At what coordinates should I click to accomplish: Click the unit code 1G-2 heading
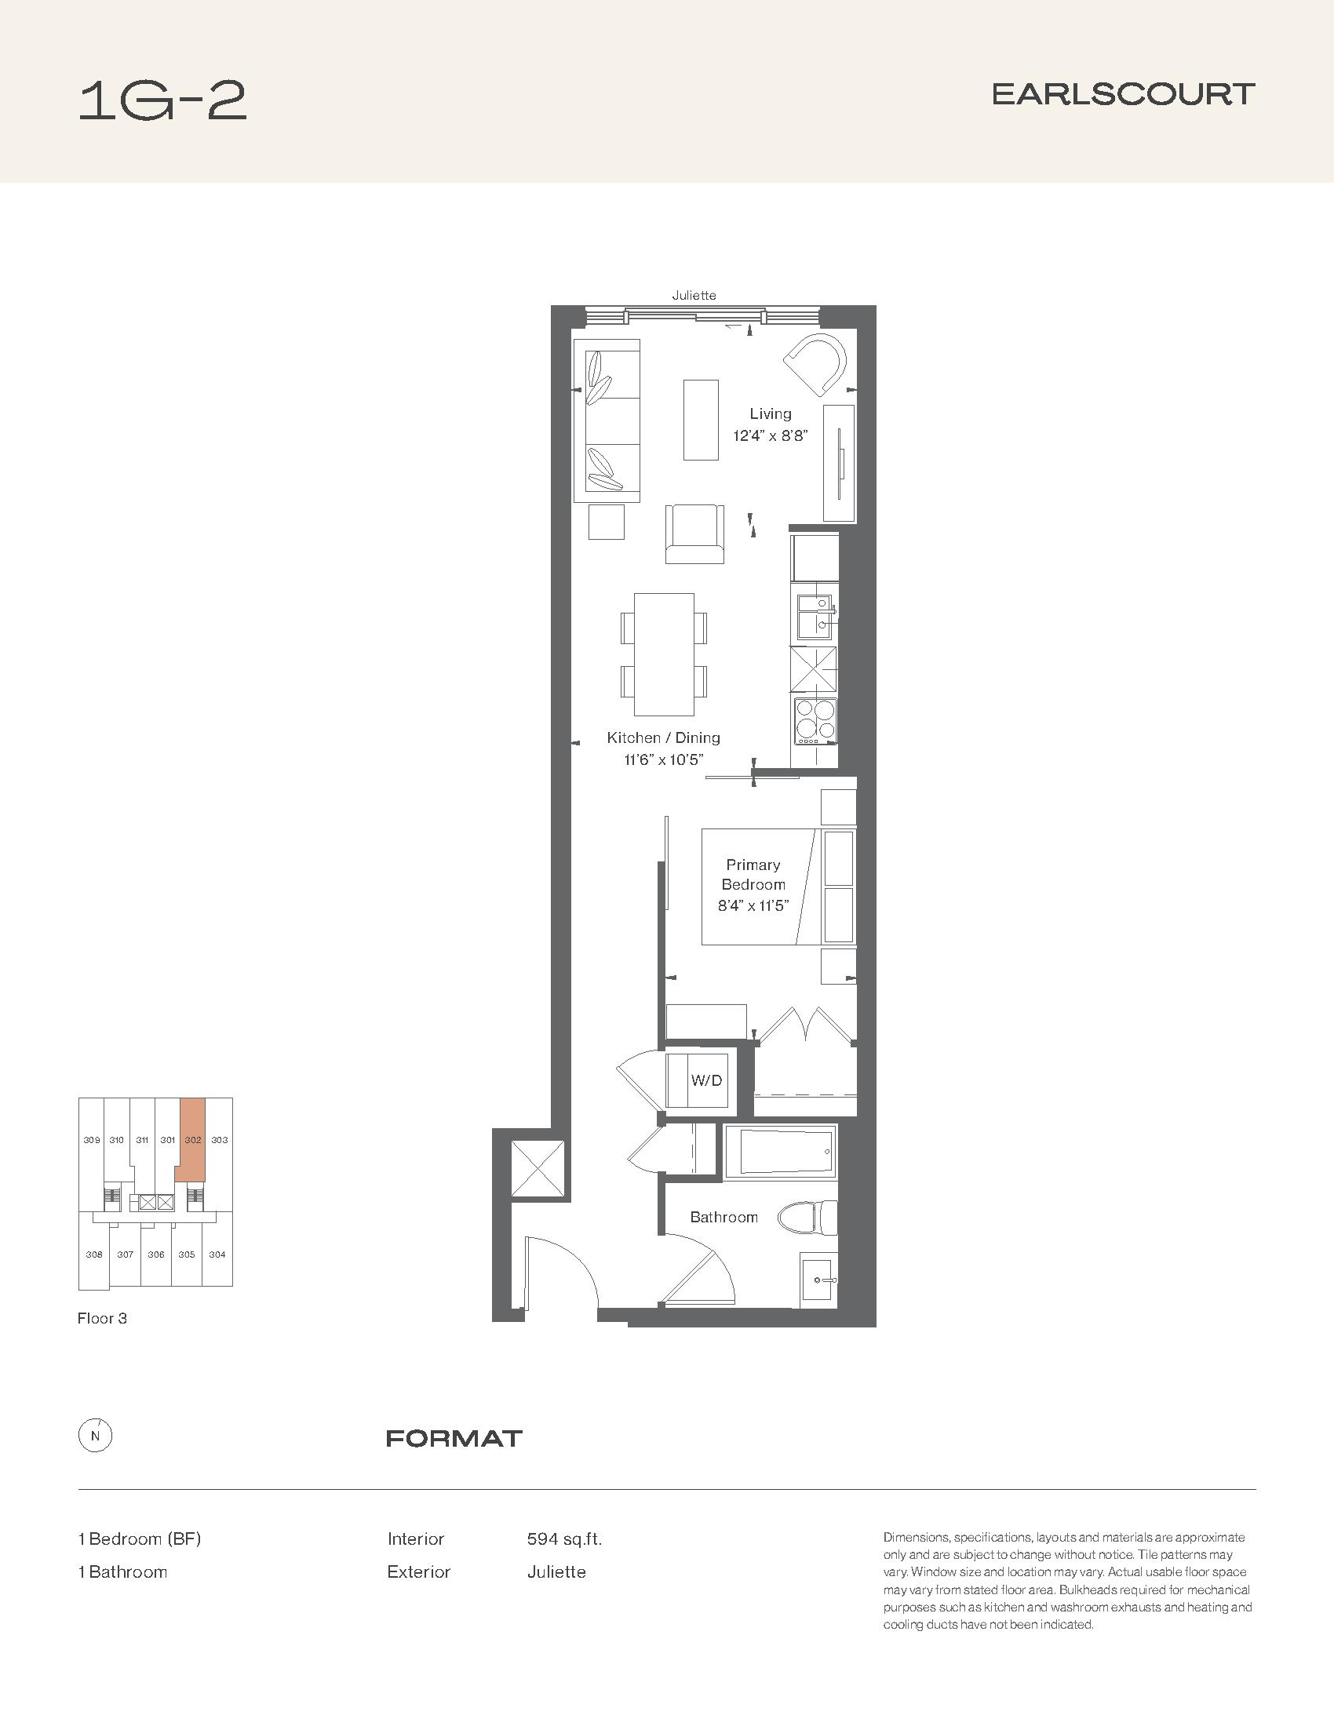click(x=162, y=102)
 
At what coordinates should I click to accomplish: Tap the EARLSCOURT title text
click(x=1123, y=95)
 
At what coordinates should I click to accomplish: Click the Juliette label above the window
click(x=694, y=296)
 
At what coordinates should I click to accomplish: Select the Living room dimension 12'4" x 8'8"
click(x=771, y=435)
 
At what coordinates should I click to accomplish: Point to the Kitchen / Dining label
click(x=664, y=737)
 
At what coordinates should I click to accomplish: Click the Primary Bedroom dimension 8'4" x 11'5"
click(x=753, y=905)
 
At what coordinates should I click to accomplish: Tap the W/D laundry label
click(x=706, y=1080)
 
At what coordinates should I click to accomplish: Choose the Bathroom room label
click(x=724, y=1217)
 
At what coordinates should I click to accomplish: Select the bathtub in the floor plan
click(x=780, y=1152)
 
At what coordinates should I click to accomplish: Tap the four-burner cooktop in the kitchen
click(x=815, y=721)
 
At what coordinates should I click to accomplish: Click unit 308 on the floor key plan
click(x=94, y=1254)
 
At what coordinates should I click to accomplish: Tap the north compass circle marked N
click(x=96, y=1437)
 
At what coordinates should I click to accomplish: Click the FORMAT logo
click(x=454, y=1438)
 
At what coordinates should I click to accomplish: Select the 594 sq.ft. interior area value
click(x=564, y=1538)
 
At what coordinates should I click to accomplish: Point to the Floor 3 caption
click(x=102, y=1318)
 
